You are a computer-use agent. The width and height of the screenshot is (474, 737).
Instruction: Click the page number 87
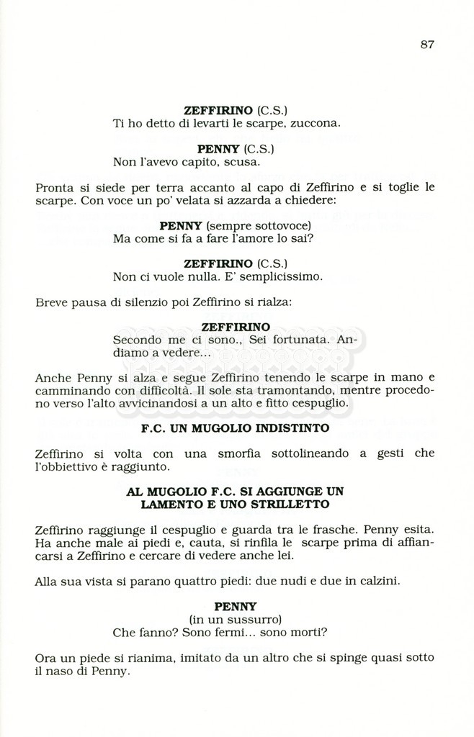pyautogui.click(x=427, y=45)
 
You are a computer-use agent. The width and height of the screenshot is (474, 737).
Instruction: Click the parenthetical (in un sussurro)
pyautogui.click(x=236, y=620)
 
